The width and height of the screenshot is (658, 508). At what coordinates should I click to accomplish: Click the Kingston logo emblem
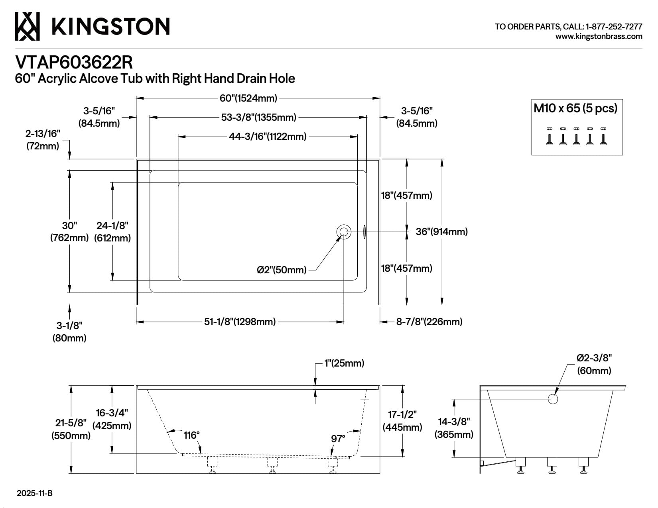coord(27,26)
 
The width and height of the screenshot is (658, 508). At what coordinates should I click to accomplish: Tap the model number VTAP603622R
coord(74,63)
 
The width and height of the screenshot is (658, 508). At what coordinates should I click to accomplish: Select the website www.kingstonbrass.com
coord(599,37)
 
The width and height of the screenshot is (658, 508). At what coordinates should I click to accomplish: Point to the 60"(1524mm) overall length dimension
coord(248,98)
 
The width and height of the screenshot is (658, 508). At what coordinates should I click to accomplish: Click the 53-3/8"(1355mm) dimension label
coord(258,118)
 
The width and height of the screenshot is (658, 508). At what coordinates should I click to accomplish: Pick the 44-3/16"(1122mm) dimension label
coord(268,137)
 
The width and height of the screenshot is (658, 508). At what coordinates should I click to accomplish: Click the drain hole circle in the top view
coord(344,232)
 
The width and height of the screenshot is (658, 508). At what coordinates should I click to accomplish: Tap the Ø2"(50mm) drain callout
coord(282,270)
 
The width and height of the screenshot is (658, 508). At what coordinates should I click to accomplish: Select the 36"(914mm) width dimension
coord(441,232)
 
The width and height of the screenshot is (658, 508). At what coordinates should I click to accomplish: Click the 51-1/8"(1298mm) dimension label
coord(240,322)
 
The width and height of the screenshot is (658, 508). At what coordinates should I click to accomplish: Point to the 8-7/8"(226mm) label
coord(429,322)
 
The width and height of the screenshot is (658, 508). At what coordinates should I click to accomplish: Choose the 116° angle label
coord(192,435)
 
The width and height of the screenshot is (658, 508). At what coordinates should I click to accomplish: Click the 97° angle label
coord(338,439)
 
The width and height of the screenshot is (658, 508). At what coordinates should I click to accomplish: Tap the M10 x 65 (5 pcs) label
coord(575,108)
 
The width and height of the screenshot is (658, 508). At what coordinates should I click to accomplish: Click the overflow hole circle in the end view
coord(553,399)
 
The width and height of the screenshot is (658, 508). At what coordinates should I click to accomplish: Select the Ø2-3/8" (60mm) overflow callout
coord(594,364)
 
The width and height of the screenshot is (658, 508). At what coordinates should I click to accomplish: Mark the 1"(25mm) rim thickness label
coord(344,363)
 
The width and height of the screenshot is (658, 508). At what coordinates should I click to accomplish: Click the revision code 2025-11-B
coord(35,494)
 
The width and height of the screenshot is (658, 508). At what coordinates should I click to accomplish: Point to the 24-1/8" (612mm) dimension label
coord(112,232)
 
